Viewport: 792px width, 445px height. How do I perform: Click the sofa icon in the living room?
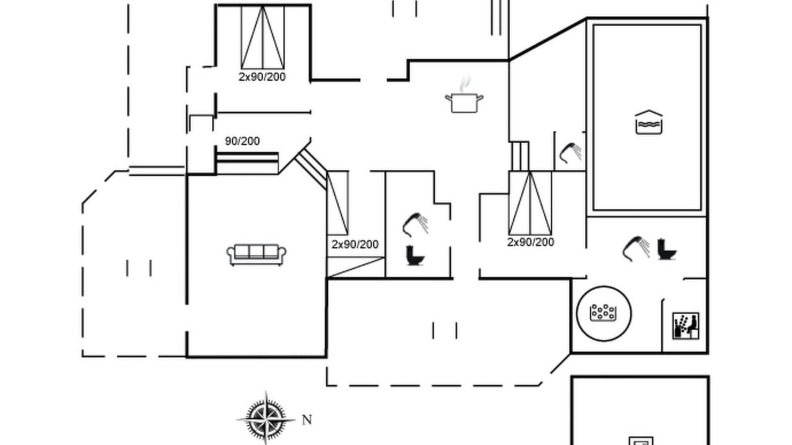[x=256, y=255]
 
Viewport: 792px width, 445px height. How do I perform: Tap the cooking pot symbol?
[x=464, y=103]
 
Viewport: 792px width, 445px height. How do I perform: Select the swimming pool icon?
[x=649, y=122]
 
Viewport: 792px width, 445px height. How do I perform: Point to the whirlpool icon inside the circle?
[x=603, y=313]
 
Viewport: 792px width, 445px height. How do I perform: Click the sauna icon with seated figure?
[x=686, y=326]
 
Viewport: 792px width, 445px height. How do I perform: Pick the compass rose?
[x=266, y=419]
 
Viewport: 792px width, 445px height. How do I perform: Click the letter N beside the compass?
[x=307, y=420]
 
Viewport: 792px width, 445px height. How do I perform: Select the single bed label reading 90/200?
[x=242, y=142]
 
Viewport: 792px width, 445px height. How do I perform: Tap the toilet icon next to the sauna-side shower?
[x=667, y=249]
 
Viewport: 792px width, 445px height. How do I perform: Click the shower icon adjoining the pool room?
[x=570, y=153]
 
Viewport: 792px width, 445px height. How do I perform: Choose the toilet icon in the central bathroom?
[x=415, y=255]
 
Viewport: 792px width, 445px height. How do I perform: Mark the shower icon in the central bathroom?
[x=415, y=224]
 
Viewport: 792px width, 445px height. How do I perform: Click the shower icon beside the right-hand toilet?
[x=636, y=249]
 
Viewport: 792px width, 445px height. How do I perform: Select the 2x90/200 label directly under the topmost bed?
[x=262, y=77]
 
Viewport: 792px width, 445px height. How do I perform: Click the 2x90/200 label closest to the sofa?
[x=355, y=244]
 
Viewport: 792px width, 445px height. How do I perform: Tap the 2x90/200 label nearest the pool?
[x=531, y=242]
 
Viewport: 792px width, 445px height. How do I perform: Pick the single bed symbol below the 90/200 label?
[x=247, y=163]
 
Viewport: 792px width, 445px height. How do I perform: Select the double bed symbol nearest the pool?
[x=530, y=203]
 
